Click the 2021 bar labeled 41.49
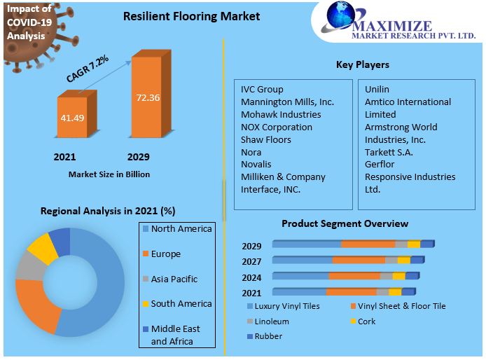click(x=72, y=117)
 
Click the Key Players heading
click(x=362, y=65)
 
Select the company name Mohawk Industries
click(x=281, y=114)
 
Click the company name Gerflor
click(x=380, y=165)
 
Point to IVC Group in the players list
click(x=262, y=89)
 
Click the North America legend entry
click(x=181, y=229)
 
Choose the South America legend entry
click(x=181, y=304)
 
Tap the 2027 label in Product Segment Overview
click(x=251, y=261)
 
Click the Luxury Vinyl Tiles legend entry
click(x=286, y=306)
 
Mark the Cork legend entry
click(x=366, y=321)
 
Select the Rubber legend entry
click(x=268, y=337)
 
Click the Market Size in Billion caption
click(x=109, y=174)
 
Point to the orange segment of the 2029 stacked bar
click(x=368, y=244)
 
